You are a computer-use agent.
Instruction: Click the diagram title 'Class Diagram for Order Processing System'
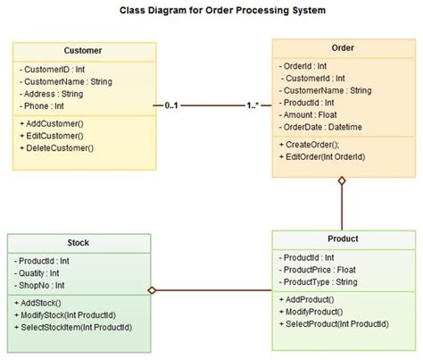pyautogui.click(x=211, y=11)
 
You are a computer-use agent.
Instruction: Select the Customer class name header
pyautogui.click(x=83, y=51)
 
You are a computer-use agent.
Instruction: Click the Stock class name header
pyautogui.click(x=78, y=243)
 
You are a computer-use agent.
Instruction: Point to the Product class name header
pyautogui.click(x=343, y=239)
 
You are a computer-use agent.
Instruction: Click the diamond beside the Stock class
pyautogui.click(x=153, y=290)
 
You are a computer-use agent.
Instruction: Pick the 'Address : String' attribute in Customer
pyautogui.click(x=51, y=92)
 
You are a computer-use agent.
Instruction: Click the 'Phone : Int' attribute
pyautogui.click(x=45, y=105)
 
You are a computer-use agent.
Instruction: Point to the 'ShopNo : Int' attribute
pyautogui.click(x=43, y=285)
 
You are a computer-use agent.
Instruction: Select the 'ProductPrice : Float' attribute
pyautogui.click(x=319, y=270)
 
